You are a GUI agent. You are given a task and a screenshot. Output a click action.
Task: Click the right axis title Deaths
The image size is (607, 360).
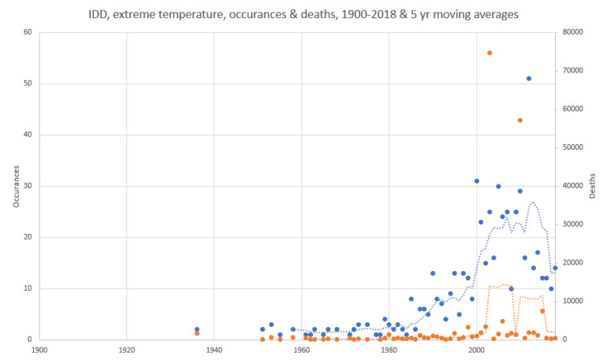coord(593,186)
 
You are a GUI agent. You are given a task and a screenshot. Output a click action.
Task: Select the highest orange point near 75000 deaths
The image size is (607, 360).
coord(490,53)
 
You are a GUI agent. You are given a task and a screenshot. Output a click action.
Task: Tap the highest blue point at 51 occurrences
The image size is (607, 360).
coord(529,79)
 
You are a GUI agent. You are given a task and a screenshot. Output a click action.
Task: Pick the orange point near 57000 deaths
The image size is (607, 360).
coord(520,121)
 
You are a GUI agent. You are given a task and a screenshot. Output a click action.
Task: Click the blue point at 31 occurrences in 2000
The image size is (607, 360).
coord(477,181)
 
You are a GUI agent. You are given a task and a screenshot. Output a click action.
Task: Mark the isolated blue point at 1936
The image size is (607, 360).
coord(197,329)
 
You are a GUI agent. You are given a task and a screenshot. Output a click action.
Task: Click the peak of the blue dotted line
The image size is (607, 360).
coord(534,202)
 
